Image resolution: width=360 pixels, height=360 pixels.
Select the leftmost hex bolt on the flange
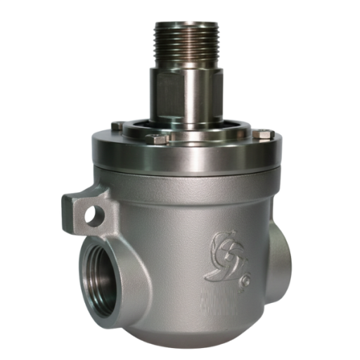pyautogui.click(x=117, y=126)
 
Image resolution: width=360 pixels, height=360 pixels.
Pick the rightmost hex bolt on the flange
pyautogui.click(x=263, y=133)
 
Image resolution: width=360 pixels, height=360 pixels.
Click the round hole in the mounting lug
pyautogui.click(x=90, y=216)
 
